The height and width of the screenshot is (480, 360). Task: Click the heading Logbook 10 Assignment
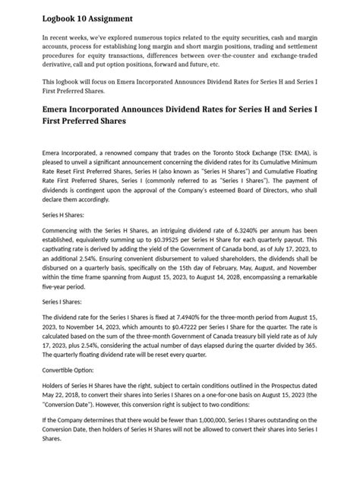87,17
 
